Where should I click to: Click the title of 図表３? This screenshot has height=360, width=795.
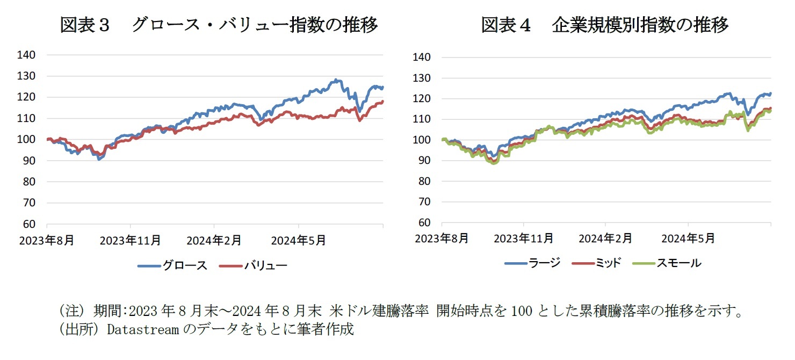pos(219,25)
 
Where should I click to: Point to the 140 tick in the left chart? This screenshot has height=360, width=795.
pos(26,55)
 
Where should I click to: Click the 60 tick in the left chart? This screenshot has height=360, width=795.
pos(29,224)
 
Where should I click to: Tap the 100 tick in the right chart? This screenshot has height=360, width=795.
pos(422,140)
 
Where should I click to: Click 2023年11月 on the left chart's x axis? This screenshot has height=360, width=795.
pos(130,240)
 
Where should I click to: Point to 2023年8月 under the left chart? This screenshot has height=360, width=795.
pos(46,240)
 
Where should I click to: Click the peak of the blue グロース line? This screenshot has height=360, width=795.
pos(336,80)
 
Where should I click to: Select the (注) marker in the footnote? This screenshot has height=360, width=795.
pos(70,311)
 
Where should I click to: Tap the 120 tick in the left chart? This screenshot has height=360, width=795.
pos(26,97)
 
